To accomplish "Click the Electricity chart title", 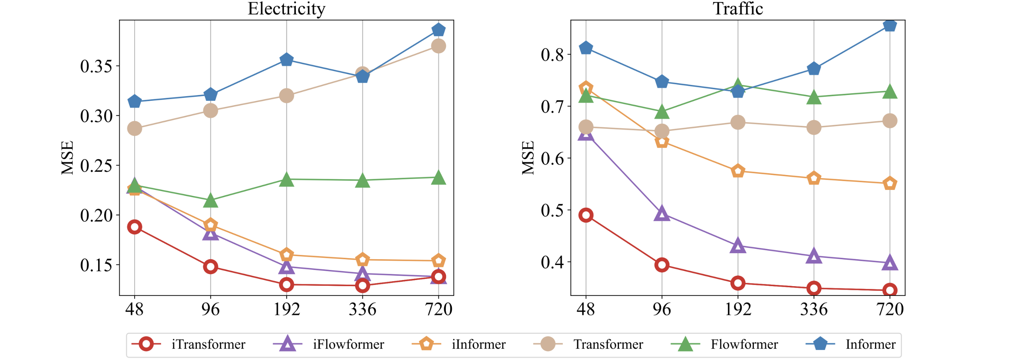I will pos(286,9).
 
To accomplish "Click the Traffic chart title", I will pos(737,9).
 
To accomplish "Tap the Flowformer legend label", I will pos(744,344).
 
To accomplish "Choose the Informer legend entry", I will pos(870,344).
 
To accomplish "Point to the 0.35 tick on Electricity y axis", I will pos(96,66).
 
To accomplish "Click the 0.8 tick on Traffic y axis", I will pos(552,55).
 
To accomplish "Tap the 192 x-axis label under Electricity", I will pos(287,309).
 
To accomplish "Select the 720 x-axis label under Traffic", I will pos(889,309).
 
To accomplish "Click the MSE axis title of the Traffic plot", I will pos(528,158).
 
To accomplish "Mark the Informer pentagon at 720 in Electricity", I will pos(438,30).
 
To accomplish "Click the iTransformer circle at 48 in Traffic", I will pos(585,215).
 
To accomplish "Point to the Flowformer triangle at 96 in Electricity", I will pos(210,200).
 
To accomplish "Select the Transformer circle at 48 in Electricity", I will pos(135,128).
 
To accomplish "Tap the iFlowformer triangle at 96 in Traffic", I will pos(662,214).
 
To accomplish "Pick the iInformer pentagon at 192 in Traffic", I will pos(737,171).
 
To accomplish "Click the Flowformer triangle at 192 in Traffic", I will pos(737,85).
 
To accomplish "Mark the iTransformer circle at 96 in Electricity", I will pos(210,267).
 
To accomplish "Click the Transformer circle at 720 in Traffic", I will pos(889,120).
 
